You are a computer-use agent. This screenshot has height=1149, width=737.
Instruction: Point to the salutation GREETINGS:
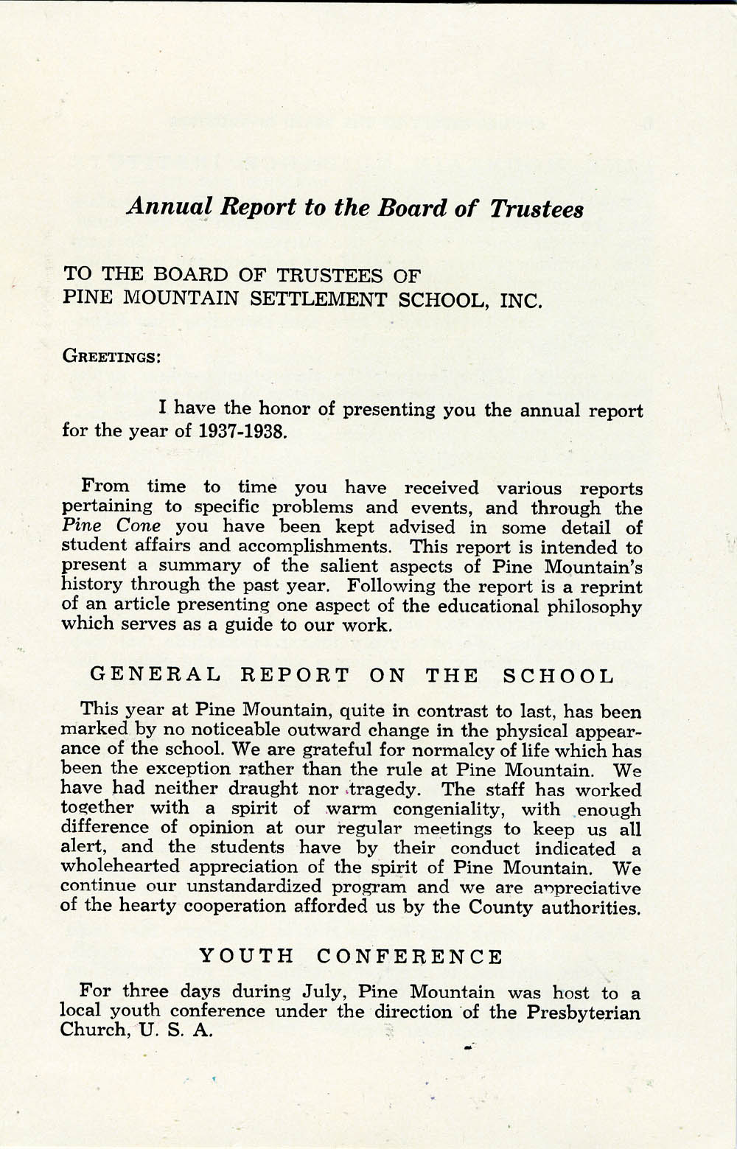tap(111, 356)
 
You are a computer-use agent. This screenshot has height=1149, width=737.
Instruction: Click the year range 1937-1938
tap(242, 430)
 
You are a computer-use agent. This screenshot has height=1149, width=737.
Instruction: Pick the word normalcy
tap(421, 751)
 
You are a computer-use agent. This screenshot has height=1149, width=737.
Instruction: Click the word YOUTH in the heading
tap(248, 957)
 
